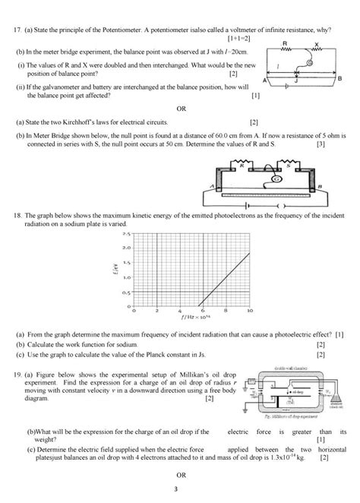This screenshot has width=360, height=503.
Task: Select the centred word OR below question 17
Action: pos(181,108)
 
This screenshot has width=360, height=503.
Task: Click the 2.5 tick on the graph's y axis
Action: pos(126,234)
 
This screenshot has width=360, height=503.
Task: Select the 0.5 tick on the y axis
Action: pos(126,292)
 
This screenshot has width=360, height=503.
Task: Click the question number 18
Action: pos(19,216)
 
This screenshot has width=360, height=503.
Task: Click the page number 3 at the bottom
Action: pos(181,489)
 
